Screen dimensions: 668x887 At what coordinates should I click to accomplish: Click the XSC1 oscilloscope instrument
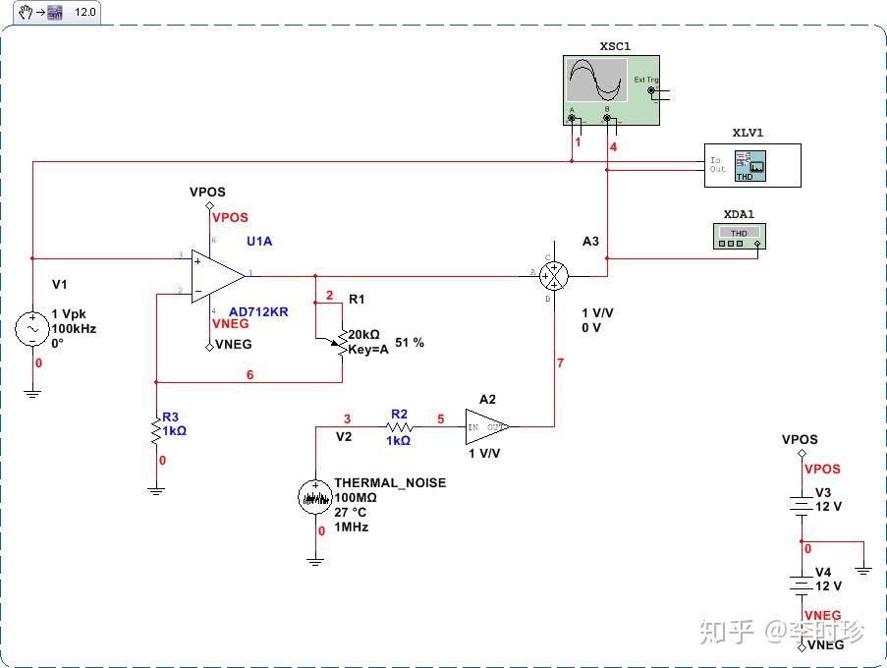610,90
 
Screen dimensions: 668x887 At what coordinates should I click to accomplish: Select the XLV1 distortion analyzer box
752,165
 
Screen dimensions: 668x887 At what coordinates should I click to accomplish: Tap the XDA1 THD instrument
739,237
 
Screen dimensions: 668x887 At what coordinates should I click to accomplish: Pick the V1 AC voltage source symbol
31,328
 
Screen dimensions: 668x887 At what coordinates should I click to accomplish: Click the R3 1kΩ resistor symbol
156,430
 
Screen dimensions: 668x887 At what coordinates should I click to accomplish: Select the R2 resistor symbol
399,428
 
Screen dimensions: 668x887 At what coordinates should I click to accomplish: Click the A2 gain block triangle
485,427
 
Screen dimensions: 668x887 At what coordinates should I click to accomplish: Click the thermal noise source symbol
315,497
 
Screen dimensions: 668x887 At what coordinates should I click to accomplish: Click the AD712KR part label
258,311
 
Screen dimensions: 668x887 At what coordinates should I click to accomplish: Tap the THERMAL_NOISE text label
390,482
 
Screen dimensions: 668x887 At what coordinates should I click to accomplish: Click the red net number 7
560,363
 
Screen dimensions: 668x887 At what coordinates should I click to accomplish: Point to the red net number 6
249,374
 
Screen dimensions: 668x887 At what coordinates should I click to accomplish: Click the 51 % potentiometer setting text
410,343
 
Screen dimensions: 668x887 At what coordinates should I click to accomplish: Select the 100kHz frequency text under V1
74,329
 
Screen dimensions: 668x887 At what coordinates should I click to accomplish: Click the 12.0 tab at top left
85,12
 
